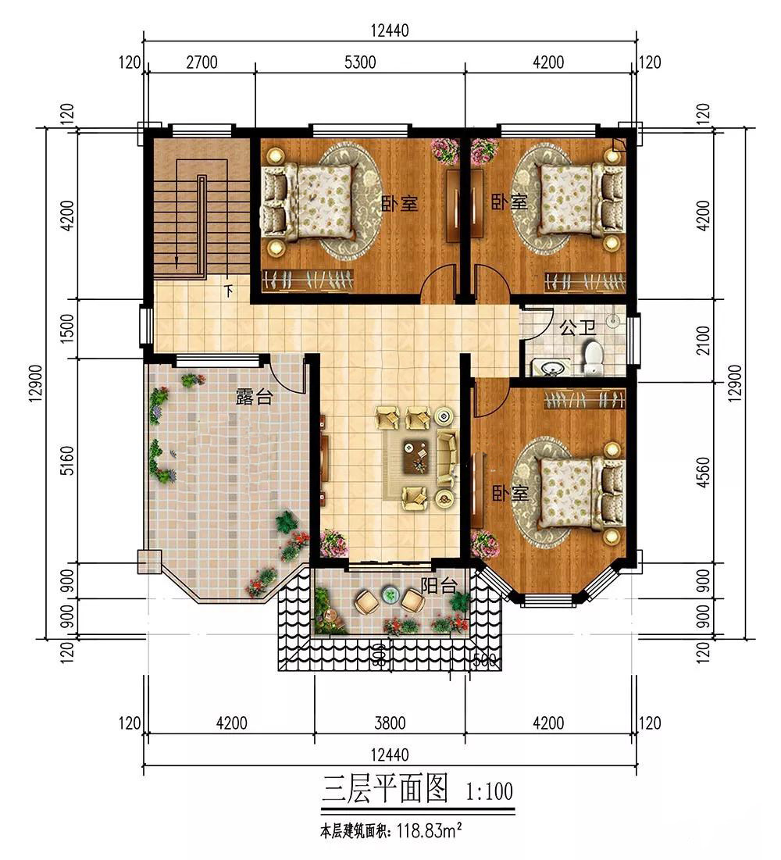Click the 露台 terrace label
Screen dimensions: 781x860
(x=254, y=397)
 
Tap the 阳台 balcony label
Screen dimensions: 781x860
(x=439, y=586)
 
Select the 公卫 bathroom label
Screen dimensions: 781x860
(x=577, y=328)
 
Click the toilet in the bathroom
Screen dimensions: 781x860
(x=592, y=358)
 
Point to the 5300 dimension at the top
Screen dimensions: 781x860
(x=360, y=62)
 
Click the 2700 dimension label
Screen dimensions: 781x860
(x=201, y=62)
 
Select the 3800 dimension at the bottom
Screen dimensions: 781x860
(x=390, y=723)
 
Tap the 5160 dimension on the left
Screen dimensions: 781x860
(x=66, y=461)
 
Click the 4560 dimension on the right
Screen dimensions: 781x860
(x=703, y=472)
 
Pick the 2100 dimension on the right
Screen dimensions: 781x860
(x=703, y=340)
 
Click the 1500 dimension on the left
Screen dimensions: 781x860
(x=66, y=328)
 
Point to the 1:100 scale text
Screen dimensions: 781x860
(x=489, y=791)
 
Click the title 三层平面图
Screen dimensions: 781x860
(x=385, y=789)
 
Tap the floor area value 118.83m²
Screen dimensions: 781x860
(x=428, y=831)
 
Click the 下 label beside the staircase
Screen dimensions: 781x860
(x=228, y=290)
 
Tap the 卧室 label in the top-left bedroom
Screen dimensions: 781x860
(x=399, y=203)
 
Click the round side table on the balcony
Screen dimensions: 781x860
(x=390, y=594)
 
